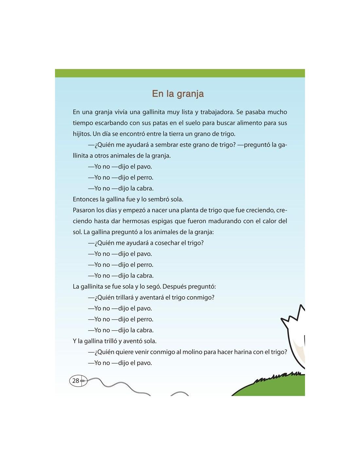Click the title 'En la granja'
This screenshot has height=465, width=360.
[178, 94]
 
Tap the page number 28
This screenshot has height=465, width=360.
[76, 381]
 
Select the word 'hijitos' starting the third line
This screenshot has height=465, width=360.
[82, 134]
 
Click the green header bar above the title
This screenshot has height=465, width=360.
[180, 73]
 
